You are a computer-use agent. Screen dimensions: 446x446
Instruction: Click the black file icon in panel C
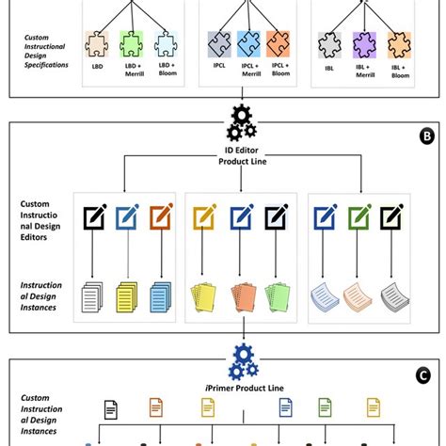coord(111,409)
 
